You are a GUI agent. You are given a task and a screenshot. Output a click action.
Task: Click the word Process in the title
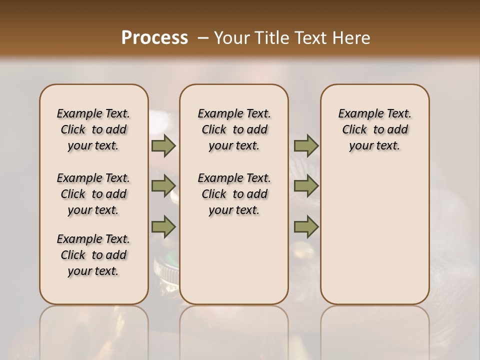coord(154,38)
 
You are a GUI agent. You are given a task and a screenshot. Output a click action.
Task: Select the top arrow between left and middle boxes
coord(163,145)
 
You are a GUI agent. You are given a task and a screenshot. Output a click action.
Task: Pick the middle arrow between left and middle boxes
coord(163,186)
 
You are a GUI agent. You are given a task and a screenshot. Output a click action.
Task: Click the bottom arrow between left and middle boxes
coord(163,226)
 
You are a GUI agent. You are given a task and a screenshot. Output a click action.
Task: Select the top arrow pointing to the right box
coord(306,145)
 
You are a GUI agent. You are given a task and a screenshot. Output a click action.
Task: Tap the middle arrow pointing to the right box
coord(306,186)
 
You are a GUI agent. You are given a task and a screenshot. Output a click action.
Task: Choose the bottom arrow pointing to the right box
coord(306,226)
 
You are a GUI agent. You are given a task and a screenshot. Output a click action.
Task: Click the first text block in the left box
coord(93,129)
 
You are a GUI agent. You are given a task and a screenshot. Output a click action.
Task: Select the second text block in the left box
coord(93,194)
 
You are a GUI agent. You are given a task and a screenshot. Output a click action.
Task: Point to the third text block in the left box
coord(93,255)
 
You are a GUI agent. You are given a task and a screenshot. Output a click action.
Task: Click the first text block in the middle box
coord(234,129)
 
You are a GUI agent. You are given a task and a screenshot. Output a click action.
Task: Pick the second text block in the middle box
coord(234,194)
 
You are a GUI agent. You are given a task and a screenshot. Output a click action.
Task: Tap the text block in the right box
coord(374,129)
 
